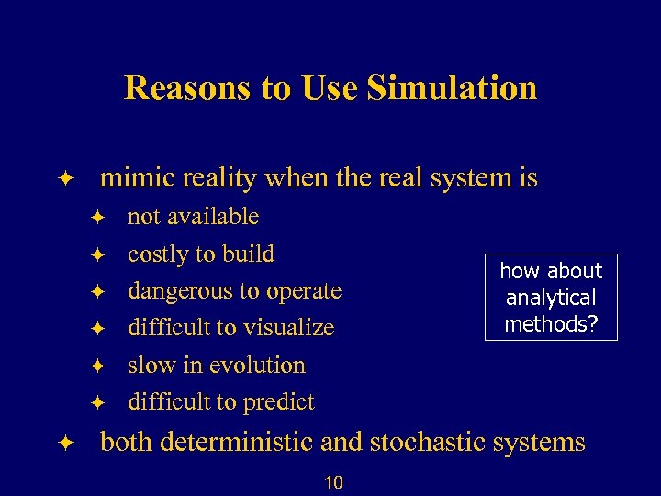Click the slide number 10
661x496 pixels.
[333, 482]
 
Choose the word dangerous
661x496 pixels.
[180, 291]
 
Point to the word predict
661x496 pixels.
[278, 402]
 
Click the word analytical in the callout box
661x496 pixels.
[551, 298]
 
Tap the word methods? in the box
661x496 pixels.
[551, 323]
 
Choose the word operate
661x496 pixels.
[303, 291]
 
